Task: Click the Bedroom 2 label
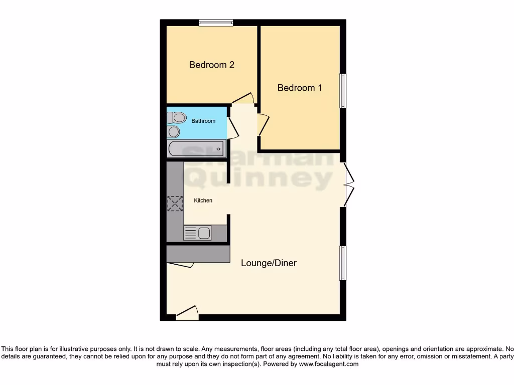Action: tap(212, 65)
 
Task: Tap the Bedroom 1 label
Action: tap(300, 88)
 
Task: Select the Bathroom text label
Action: tap(203, 121)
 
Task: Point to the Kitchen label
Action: tap(203, 201)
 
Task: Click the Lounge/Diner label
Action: tap(269, 263)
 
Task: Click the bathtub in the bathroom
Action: tap(196, 149)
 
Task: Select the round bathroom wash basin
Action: tap(174, 131)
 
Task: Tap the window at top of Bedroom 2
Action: tap(215, 22)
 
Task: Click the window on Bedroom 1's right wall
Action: tap(343, 91)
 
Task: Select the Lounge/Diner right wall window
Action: tap(343, 263)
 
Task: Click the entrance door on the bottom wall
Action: tap(187, 314)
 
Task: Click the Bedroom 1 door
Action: tap(263, 125)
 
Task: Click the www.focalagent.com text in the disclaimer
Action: tap(329, 364)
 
